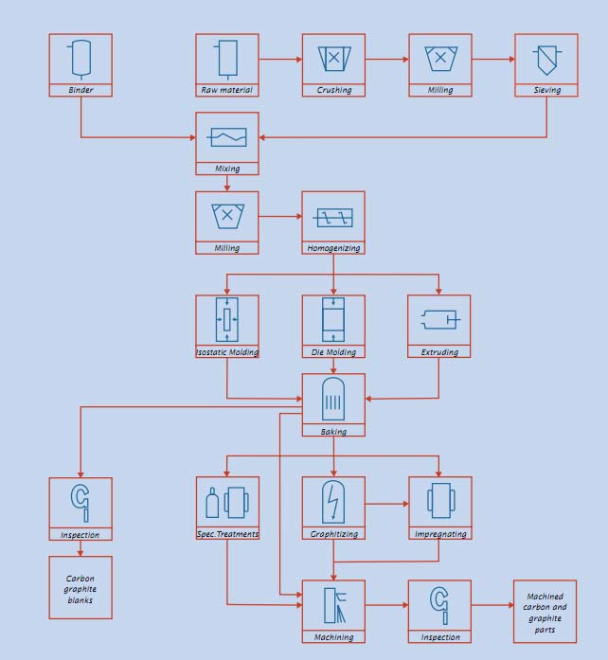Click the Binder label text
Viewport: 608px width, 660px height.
[80, 90]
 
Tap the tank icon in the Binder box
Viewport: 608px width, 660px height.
[80, 58]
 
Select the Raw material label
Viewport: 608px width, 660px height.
[227, 90]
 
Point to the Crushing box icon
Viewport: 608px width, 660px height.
[333, 58]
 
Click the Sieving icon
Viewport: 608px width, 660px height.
[546, 59]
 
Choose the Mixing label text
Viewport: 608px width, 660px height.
[227, 169]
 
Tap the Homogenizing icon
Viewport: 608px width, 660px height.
[333, 217]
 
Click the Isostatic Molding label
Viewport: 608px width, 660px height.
[227, 352]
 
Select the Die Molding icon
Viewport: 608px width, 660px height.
[333, 320]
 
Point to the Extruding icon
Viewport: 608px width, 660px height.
[439, 320]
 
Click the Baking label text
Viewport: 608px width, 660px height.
[333, 431]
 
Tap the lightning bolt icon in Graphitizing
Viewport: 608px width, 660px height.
[333, 501]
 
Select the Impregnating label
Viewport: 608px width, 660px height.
[439, 534]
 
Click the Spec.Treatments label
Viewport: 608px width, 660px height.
[227, 534]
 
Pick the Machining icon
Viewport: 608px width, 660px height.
[333, 604]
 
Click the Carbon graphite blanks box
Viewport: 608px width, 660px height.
[80, 588]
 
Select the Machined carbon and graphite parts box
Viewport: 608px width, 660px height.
[545, 612]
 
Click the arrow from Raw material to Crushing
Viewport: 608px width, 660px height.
[280, 59]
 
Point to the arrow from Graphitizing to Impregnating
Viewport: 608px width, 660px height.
[386, 504]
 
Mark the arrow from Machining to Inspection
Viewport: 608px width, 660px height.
[386, 604]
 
